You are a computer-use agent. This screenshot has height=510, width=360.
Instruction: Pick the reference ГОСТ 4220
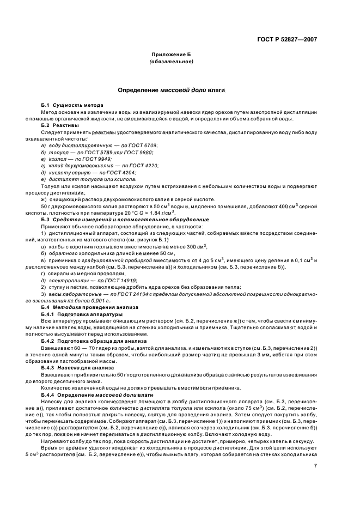(145, 165)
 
